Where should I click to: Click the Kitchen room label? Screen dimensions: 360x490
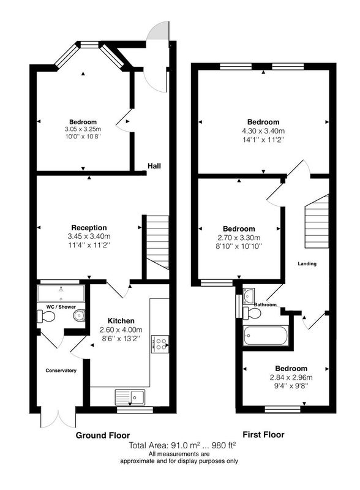point(121,321)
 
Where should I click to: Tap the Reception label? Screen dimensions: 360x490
point(89,228)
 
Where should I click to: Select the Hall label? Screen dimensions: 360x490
point(154,166)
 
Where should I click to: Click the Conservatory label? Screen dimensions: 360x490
point(61,371)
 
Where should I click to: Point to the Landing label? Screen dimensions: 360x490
point(307,264)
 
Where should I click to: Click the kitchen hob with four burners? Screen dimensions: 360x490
point(160,344)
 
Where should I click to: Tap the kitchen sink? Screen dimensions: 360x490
point(130,397)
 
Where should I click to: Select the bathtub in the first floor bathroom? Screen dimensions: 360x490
point(265,336)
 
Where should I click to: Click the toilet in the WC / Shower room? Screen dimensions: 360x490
point(46,316)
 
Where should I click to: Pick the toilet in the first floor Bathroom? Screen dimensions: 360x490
point(252,313)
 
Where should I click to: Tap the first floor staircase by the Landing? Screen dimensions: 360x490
point(317,221)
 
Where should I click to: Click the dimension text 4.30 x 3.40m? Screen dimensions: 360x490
point(263,131)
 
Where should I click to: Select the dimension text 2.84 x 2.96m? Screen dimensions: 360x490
point(291,377)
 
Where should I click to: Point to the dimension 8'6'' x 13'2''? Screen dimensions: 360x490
point(121,338)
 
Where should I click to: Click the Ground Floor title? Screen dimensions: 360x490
point(102,435)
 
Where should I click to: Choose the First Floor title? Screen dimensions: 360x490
point(263,435)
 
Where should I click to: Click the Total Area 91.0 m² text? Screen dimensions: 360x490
point(165,445)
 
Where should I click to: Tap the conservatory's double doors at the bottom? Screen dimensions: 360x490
point(58,417)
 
